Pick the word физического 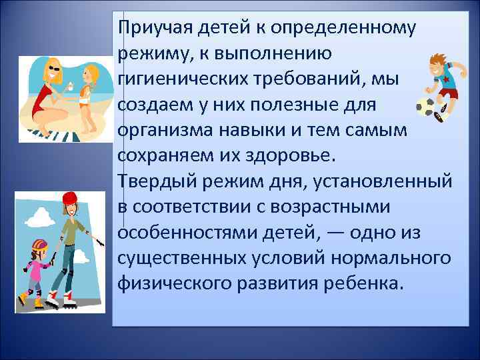pyautogui.click(x=175, y=283)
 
